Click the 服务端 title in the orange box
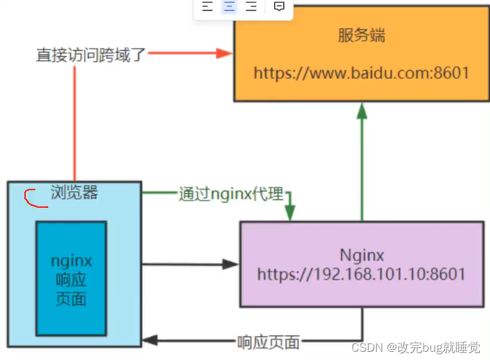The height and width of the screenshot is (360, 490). [x=361, y=35]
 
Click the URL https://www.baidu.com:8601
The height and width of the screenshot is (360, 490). [x=361, y=73]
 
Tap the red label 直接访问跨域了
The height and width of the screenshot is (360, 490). [x=91, y=55]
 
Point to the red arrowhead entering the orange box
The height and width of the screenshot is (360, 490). [x=225, y=54]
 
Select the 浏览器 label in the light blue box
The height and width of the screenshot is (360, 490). [x=74, y=192]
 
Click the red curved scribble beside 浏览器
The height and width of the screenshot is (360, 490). [x=30, y=199]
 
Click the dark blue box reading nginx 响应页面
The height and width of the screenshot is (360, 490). [x=71, y=278]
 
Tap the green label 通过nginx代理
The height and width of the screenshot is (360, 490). [x=230, y=194]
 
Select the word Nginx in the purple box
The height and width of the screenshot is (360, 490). [x=361, y=256]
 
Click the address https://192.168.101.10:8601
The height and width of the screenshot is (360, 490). [x=361, y=275]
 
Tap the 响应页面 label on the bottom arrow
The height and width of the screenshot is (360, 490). [x=268, y=342]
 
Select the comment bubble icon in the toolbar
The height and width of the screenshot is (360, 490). [x=279, y=7]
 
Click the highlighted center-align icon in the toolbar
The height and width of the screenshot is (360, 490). [x=229, y=7]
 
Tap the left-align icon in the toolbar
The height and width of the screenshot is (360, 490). [x=208, y=7]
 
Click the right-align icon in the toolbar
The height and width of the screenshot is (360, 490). [x=251, y=7]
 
